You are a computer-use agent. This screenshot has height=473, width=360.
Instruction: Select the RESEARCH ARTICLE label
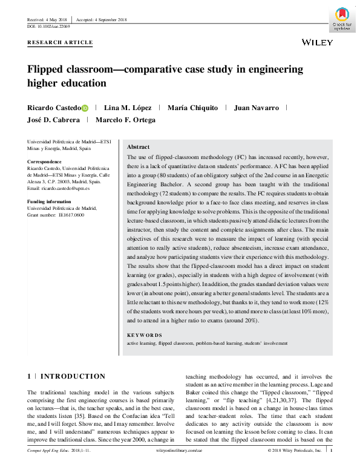pos(61,42)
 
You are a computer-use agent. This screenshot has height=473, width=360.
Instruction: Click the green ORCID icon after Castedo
pos(85,108)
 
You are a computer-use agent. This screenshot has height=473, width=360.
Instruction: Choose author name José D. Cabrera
pos(53,120)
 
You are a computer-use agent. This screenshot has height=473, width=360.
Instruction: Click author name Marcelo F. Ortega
pos(128,120)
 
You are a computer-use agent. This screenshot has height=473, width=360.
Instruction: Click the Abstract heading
pos(140,147)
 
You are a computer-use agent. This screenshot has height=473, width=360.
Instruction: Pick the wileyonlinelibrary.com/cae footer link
pos(180,467)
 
